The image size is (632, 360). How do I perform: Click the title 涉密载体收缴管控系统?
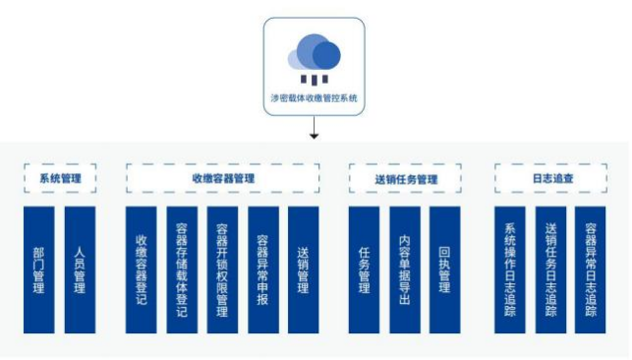click(315, 98)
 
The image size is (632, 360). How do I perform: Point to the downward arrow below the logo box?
click(315, 129)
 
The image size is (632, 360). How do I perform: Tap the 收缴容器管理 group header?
click(223, 179)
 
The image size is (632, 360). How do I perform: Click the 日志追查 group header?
click(552, 179)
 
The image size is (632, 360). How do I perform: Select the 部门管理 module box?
click(38, 269)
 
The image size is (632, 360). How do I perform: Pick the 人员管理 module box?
click(80, 269)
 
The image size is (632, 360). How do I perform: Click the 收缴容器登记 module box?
click(142, 269)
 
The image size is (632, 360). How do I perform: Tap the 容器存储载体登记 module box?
click(182, 269)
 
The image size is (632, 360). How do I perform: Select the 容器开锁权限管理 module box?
click(222, 269)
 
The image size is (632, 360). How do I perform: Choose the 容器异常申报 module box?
click(262, 269)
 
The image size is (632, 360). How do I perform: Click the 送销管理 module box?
click(303, 269)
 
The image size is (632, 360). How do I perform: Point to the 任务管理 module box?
click(365, 269)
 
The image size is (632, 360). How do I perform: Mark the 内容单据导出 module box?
click(405, 269)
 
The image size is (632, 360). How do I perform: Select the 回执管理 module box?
click(445, 269)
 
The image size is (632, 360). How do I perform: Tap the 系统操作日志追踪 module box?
click(509, 269)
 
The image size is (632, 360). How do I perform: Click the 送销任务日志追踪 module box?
click(550, 269)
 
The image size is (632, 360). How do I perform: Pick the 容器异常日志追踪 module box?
click(591, 269)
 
